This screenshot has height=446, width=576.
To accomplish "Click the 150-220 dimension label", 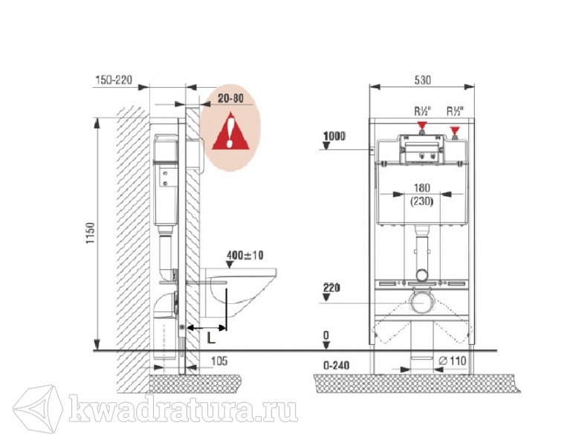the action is tap(114, 80).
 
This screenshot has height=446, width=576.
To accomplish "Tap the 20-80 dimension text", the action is tap(230, 98).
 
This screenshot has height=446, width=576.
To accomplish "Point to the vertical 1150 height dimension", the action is tap(91, 233).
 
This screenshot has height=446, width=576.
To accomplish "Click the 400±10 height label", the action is tap(245, 255).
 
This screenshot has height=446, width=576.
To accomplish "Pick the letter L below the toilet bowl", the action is tap(211, 337).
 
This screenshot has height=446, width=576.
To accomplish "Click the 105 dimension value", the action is tap(219, 361).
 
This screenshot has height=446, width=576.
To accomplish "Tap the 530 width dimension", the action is tap(422, 80).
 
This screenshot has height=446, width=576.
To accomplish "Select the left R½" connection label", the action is tap(422, 111).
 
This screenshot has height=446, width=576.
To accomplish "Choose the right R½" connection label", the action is tap(455, 111).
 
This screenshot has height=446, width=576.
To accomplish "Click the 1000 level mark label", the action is tap(334, 136).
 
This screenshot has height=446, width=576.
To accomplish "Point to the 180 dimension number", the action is tap(421, 188).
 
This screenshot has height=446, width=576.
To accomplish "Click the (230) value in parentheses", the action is tap(421, 201).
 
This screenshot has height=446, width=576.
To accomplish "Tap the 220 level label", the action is tap(331, 288).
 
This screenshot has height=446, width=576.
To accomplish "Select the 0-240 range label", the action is tap(336, 366).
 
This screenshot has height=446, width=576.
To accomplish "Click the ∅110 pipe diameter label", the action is tap(453, 361).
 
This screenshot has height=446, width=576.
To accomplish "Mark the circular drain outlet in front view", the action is tap(421, 303).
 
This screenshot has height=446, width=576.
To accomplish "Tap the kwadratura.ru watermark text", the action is tap(184, 408).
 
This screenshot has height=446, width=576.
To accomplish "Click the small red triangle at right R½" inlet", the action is tap(455, 130).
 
